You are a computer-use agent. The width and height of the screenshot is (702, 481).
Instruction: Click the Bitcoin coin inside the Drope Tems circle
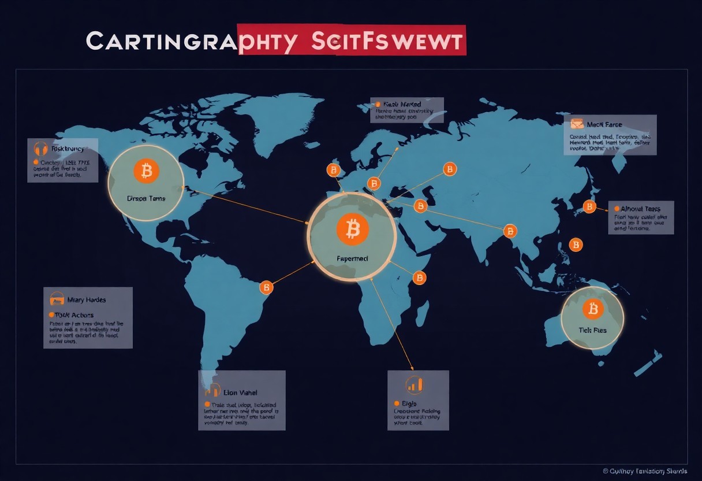coord(145,171)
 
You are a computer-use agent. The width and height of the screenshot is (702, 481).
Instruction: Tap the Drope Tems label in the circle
coord(145,198)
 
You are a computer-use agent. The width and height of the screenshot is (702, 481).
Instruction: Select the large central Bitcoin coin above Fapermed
coord(352,228)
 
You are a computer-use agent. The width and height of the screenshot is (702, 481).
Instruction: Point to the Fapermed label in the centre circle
coord(352,259)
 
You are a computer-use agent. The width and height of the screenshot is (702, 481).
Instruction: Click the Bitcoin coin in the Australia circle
coord(592,309)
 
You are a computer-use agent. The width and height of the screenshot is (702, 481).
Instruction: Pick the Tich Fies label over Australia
coord(592,330)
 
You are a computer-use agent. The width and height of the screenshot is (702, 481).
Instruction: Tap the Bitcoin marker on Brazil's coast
coord(266,287)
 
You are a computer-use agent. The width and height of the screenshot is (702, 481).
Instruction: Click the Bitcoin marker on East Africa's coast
coord(420,277)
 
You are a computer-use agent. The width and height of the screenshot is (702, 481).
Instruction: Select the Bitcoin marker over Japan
coord(589,206)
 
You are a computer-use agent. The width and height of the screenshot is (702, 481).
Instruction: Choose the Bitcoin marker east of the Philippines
coord(576,245)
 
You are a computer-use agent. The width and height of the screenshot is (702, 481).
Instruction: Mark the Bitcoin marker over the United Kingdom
coord(333,170)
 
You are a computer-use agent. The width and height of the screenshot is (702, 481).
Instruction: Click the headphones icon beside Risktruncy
coord(40,149)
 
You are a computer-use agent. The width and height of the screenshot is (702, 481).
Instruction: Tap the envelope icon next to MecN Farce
coord(576,123)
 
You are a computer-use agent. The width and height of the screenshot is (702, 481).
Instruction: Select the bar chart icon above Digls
coord(415,384)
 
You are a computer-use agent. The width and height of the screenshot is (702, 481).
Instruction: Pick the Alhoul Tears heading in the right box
coord(640,208)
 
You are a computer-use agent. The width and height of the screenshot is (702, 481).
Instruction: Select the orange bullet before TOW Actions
coord(51,314)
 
